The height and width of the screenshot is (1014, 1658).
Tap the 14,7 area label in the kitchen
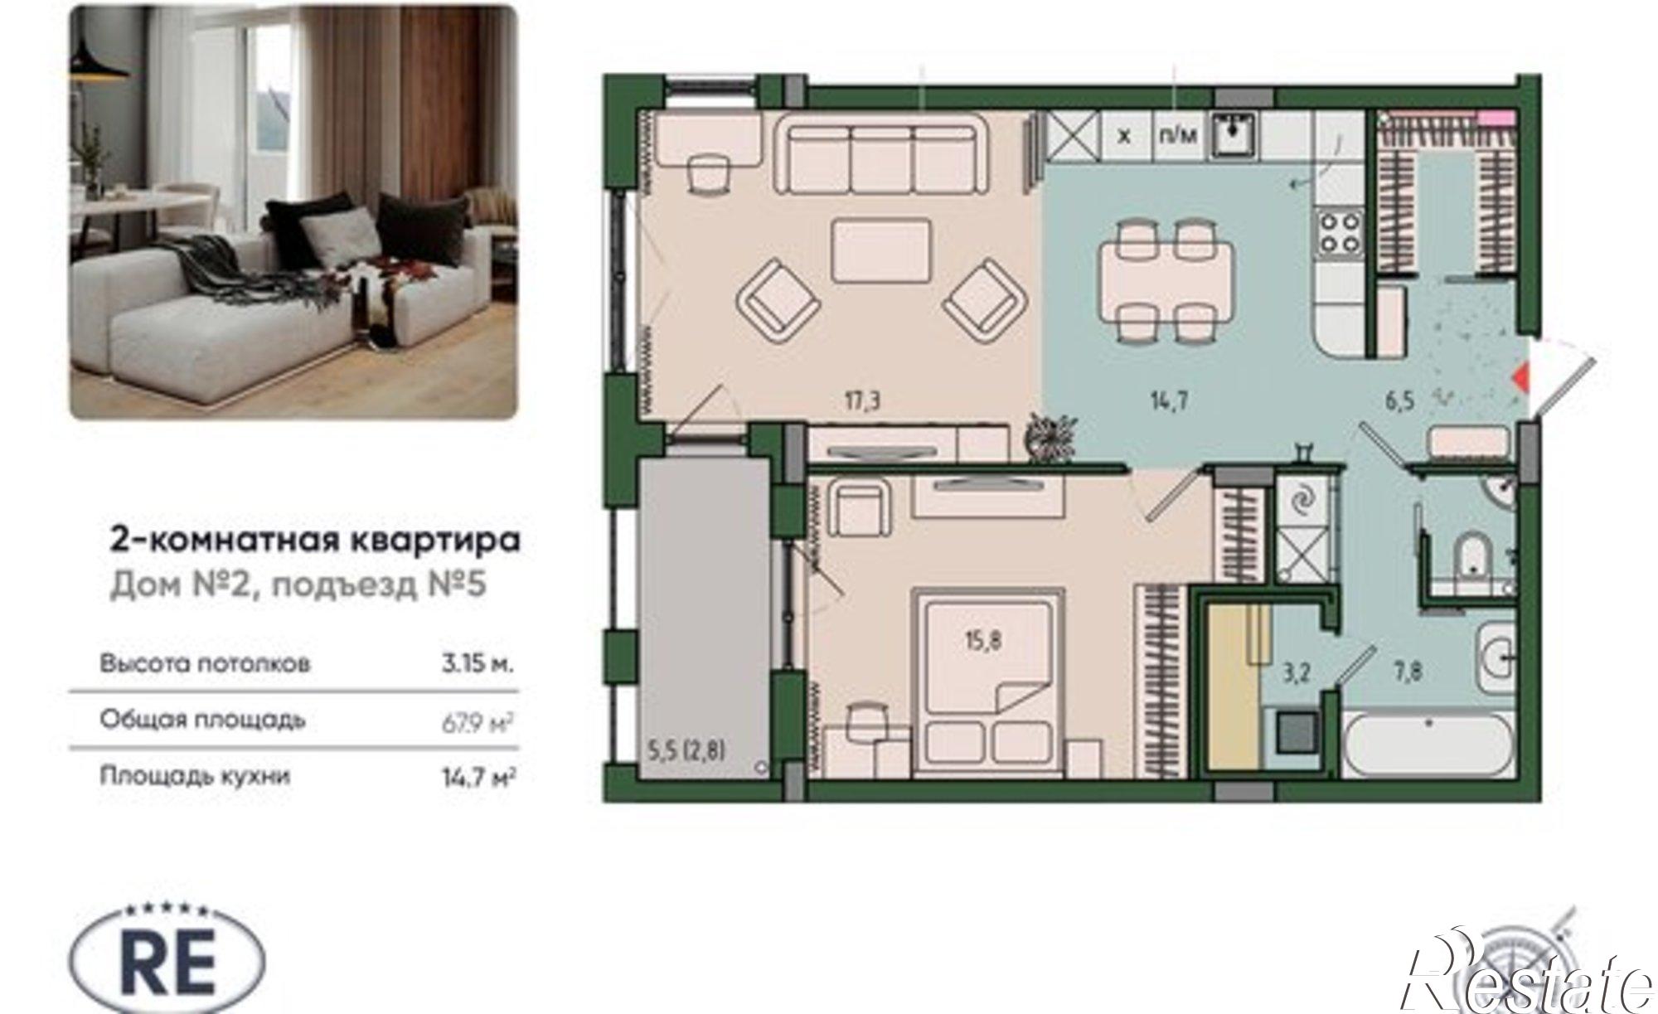(1169, 402)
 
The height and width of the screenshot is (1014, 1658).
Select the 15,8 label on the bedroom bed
(983, 640)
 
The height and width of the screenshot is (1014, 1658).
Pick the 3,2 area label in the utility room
(1296, 672)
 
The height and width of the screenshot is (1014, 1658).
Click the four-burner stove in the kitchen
(1340, 231)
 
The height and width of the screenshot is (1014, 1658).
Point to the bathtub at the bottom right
(1428, 744)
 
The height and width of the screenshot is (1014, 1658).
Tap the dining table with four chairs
(1165, 279)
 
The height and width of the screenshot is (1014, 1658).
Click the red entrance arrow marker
(1520, 379)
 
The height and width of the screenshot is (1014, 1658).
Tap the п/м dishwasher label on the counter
(1177, 135)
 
